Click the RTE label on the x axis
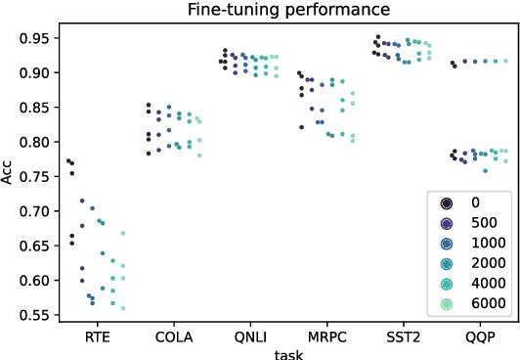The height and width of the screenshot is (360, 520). (x=96, y=336)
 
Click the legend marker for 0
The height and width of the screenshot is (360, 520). (x=447, y=202)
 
